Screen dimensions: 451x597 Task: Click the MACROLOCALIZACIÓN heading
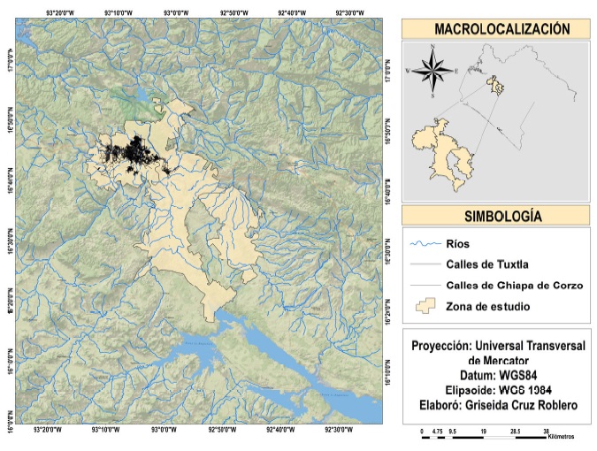495,28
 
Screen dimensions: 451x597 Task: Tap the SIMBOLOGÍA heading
495,216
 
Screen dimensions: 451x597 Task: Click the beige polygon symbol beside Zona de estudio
426,306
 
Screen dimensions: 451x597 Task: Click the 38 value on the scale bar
545,430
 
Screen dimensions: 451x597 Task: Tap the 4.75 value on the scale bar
437,430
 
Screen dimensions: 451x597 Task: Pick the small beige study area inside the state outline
498,87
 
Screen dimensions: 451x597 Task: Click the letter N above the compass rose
432,46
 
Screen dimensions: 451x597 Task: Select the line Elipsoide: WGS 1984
495,391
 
